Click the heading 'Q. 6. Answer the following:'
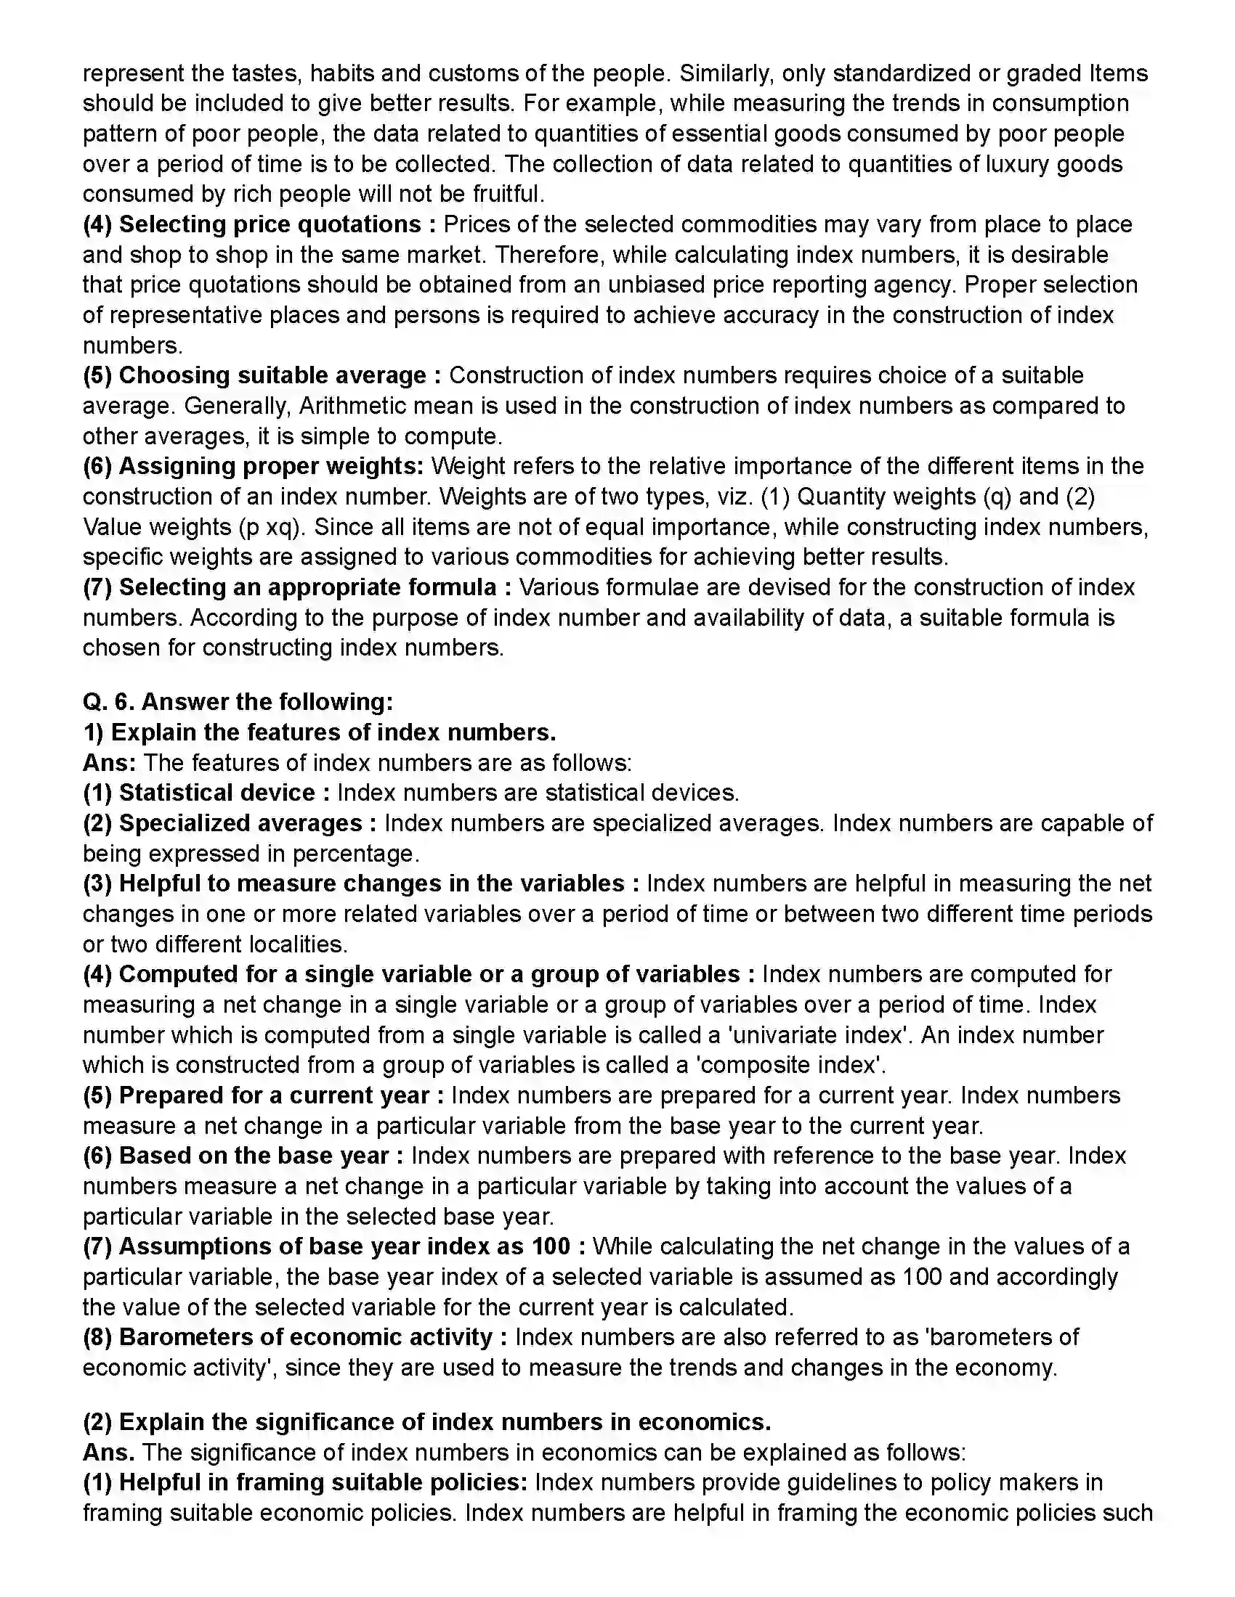coord(238,702)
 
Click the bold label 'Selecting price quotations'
coord(270,224)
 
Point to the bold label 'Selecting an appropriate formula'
coord(308,587)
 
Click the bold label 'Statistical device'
coord(216,793)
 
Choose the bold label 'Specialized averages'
coord(240,823)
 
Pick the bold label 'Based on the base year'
coord(253,1156)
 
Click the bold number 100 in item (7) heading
coord(551,1246)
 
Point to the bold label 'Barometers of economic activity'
coord(305,1336)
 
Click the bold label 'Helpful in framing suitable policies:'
coord(323,1482)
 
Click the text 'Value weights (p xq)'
coord(193,527)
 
